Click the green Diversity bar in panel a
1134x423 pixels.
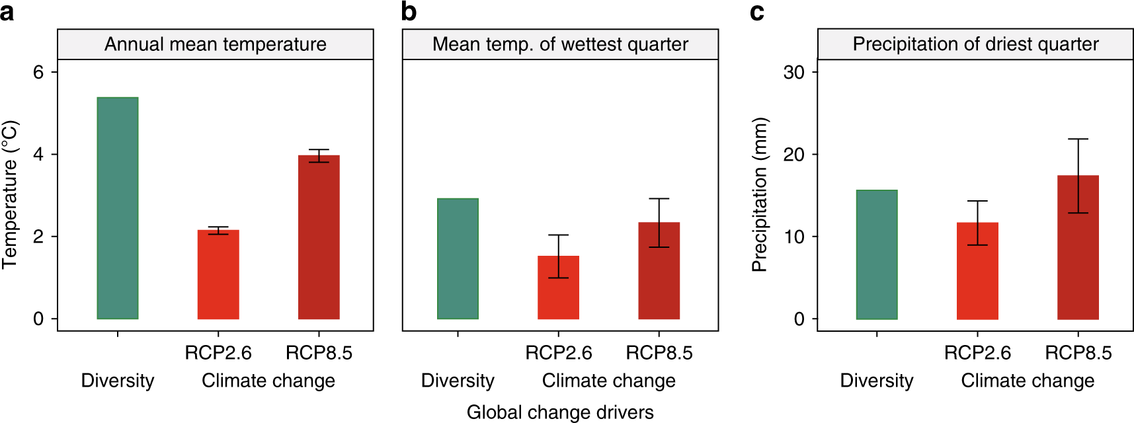point(118,208)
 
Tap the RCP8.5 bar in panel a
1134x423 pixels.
point(319,237)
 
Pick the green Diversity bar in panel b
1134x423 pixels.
point(458,258)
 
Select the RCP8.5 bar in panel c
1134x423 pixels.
point(1078,264)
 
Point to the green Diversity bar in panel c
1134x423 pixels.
point(877,254)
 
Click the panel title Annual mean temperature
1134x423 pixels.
point(216,44)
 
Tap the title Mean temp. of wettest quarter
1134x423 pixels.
point(560,44)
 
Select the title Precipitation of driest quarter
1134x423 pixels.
point(975,44)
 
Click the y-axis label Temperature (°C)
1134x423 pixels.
point(10,195)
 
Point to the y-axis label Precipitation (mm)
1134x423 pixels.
point(760,195)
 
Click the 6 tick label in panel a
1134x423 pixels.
point(38,72)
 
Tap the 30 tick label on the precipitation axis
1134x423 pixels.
point(794,72)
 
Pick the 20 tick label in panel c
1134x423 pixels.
point(794,155)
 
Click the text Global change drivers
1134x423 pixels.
point(560,412)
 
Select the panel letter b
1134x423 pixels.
point(409,12)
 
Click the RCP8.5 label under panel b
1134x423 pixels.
point(659,353)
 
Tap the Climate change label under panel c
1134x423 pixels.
point(1028,381)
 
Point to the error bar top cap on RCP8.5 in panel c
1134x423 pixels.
point(1078,139)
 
